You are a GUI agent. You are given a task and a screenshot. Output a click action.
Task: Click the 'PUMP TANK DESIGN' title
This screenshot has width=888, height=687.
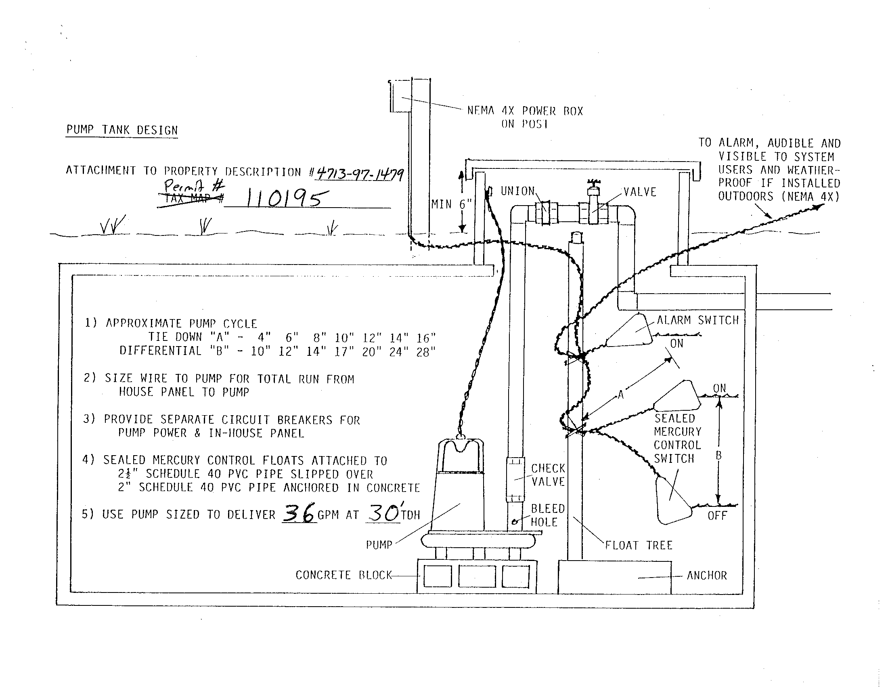pos(122,130)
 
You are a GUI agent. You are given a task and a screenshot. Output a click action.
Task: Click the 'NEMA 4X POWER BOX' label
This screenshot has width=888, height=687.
pos(525,111)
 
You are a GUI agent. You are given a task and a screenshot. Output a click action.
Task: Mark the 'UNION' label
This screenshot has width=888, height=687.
pos(517,191)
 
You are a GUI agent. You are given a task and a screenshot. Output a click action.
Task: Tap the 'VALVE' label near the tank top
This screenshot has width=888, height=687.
pos(640,192)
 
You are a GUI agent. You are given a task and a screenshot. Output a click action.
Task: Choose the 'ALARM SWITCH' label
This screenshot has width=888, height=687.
pos(698,320)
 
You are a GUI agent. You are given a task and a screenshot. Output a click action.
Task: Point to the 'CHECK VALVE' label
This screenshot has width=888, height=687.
pos(548,475)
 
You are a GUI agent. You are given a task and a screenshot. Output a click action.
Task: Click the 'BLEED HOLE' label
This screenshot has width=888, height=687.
pos(548,515)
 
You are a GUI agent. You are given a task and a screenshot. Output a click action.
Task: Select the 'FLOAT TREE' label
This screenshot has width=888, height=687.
pos(639,545)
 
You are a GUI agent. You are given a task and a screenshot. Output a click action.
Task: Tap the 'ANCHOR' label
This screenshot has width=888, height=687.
pos(707,575)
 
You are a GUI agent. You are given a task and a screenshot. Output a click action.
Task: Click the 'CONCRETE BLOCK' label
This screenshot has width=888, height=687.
pos(343,575)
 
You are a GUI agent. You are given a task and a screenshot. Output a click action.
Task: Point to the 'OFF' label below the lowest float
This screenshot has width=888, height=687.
pos(717,516)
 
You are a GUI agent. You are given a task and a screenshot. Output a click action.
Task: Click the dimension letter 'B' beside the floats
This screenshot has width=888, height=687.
pos(718,456)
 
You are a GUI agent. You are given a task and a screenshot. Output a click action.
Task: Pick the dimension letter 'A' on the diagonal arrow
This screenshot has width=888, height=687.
pos(620,394)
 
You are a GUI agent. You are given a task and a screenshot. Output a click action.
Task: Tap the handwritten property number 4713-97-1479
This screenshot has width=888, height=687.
pos(360,174)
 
